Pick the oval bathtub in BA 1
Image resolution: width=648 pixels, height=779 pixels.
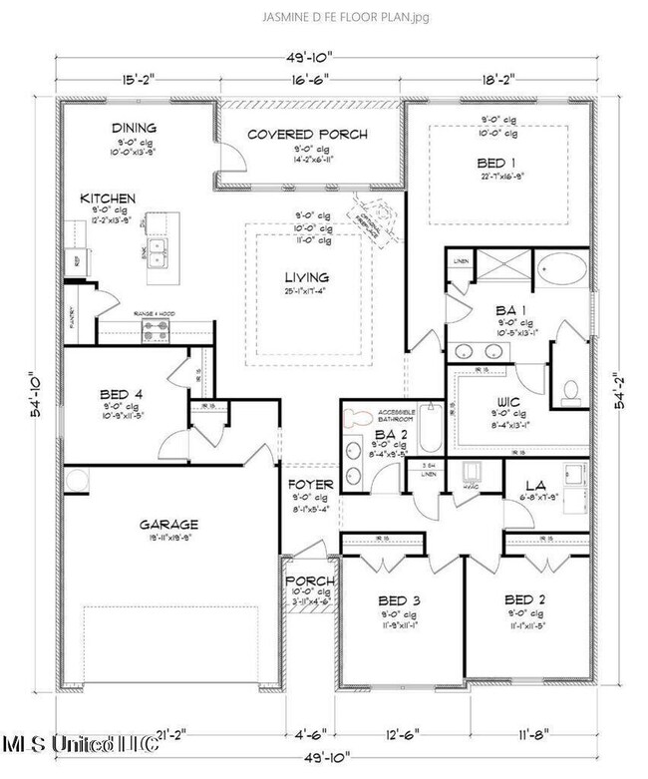pyautogui.click(x=564, y=271)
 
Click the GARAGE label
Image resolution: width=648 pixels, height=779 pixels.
pyautogui.click(x=168, y=524)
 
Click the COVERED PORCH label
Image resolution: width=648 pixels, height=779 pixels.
pyautogui.click(x=307, y=134)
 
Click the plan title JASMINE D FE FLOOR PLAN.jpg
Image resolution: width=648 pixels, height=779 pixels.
pyautogui.click(x=324, y=17)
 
